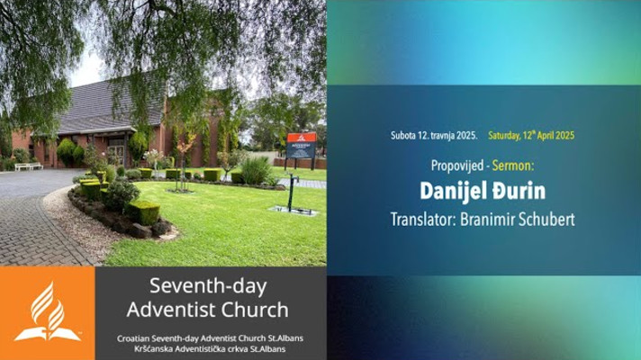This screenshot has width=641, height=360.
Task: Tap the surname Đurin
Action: (x=519, y=191)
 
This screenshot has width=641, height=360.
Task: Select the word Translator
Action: (x=423, y=220)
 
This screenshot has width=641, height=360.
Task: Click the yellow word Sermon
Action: (x=513, y=166)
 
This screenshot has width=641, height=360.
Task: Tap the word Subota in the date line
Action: (x=402, y=136)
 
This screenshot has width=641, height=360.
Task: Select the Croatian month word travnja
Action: (x=444, y=136)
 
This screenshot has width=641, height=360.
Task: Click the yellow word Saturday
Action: (x=504, y=136)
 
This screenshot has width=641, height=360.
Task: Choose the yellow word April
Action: (x=546, y=136)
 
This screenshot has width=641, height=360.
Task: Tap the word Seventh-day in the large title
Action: (x=208, y=286)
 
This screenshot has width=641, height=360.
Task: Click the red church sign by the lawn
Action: (x=302, y=145)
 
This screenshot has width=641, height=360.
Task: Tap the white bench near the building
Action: (x=29, y=166)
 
